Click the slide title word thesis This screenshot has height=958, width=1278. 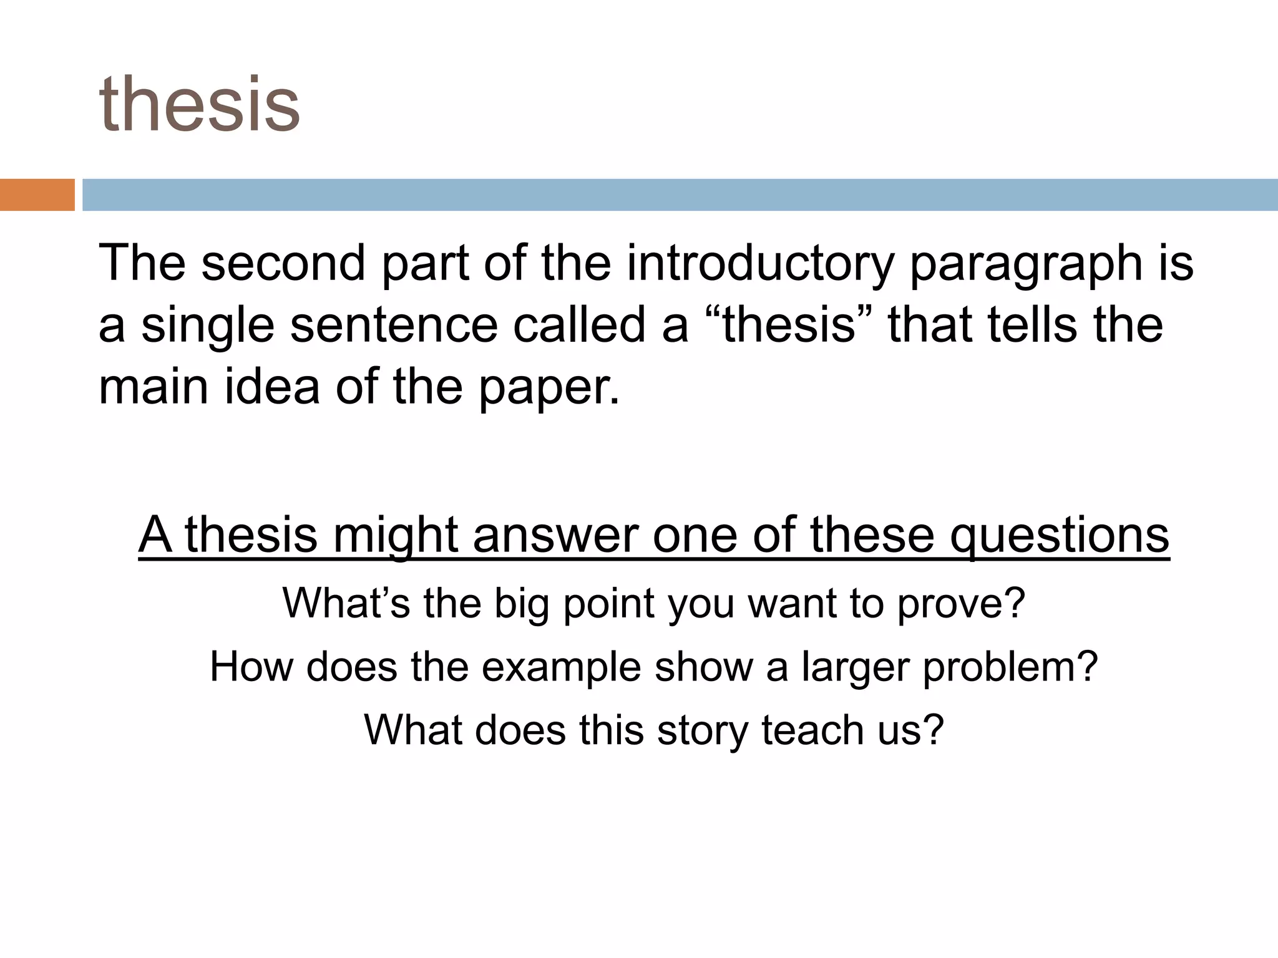200,104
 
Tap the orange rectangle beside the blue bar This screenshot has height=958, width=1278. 37,195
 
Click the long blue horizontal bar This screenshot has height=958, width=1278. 680,195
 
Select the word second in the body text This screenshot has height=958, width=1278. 283,263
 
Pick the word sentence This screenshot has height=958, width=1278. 394,326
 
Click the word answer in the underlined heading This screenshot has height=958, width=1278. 555,535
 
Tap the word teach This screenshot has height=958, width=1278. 813,730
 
